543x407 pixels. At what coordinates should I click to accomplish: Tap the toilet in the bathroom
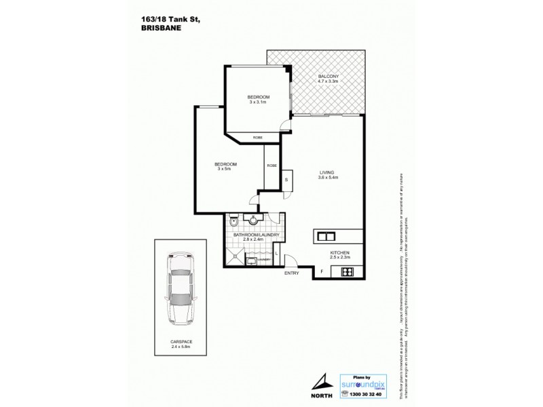pyautogui.click(x=233, y=221)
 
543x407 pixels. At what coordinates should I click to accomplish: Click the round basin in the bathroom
pyautogui.click(x=255, y=220)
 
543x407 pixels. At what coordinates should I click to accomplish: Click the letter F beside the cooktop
pyautogui.click(x=322, y=272)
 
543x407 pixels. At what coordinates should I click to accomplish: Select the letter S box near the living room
pyautogui.click(x=286, y=179)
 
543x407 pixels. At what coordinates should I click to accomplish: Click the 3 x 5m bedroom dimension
pyautogui.click(x=225, y=169)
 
